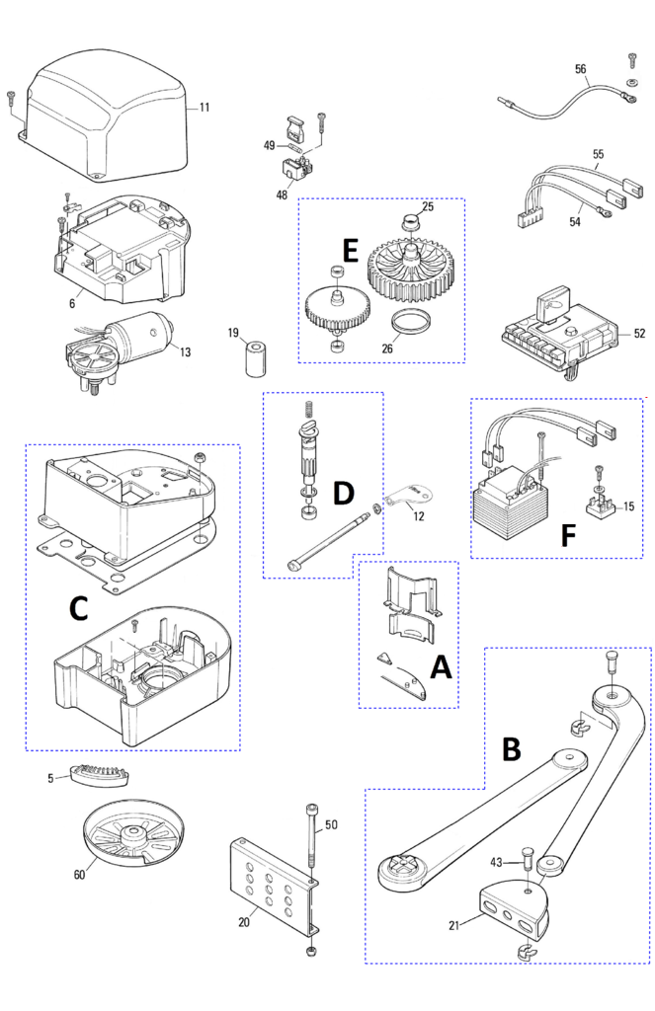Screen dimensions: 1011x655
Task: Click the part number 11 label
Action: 205,107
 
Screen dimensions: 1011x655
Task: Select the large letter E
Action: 349,251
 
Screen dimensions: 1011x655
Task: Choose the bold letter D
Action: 343,494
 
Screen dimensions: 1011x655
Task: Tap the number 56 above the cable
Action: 581,69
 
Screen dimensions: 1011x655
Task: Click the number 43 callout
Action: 497,863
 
